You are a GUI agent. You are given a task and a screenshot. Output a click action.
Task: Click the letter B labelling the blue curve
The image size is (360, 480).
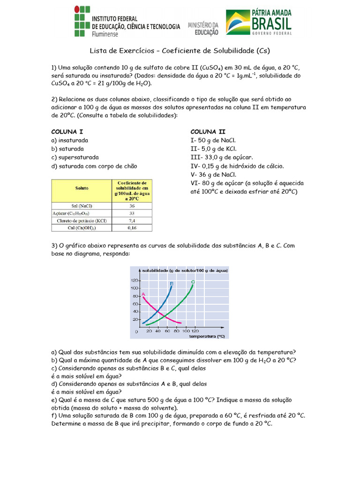pos(172,284)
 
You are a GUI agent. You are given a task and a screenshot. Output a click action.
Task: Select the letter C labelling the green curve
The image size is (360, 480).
pos(193,282)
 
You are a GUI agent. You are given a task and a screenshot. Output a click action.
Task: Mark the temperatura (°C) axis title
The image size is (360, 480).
pos(207,336)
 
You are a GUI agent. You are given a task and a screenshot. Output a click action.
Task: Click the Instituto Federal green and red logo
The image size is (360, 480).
pos(80,22)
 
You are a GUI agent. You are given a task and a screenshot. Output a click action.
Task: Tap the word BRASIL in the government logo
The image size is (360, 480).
pos(271,23)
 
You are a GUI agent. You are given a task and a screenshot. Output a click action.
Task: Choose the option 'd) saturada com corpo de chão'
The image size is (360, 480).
pos(94,166)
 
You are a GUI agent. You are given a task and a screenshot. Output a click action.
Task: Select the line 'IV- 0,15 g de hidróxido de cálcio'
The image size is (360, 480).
pos(237,166)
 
